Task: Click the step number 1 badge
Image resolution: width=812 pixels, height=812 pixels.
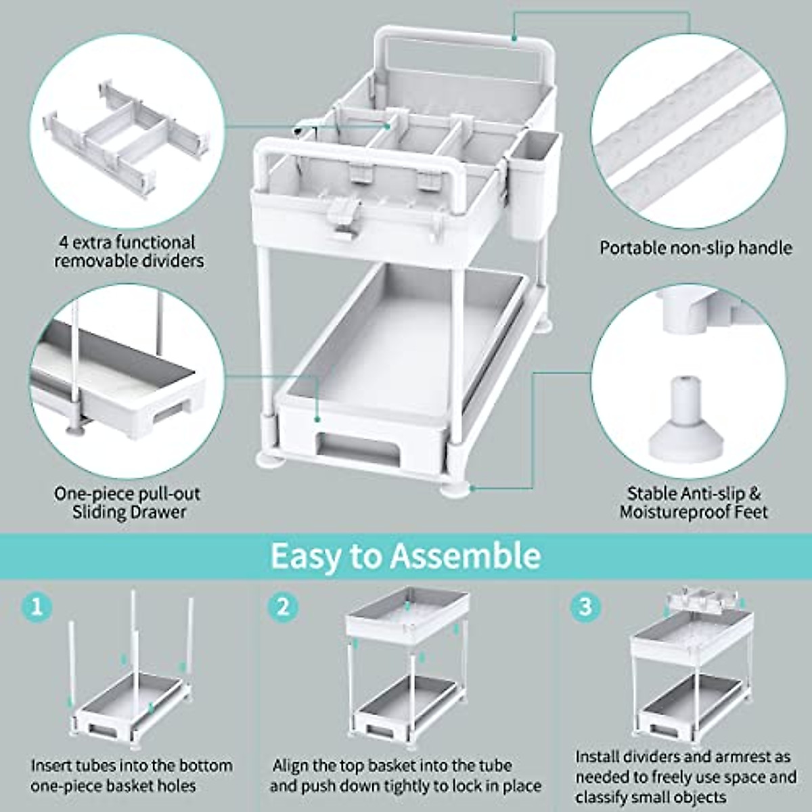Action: [x=37, y=605]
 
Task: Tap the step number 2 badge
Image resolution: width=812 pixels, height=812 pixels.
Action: [x=283, y=605]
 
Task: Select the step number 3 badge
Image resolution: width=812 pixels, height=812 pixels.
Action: [x=585, y=605]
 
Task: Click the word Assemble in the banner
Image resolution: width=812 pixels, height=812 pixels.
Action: [x=466, y=556]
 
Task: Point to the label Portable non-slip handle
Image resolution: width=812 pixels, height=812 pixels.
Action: [x=696, y=248]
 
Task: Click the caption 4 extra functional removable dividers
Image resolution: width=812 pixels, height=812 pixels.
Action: [x=129, y=251]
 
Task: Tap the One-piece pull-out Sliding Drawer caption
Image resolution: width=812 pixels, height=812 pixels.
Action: [x=128, y=503]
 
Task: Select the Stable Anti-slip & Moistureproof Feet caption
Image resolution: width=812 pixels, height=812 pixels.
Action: [x=694, y=503]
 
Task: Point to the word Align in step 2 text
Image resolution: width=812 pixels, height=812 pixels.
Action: [x=290, y=766]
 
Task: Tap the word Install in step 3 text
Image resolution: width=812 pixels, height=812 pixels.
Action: [x=597, y=757]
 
